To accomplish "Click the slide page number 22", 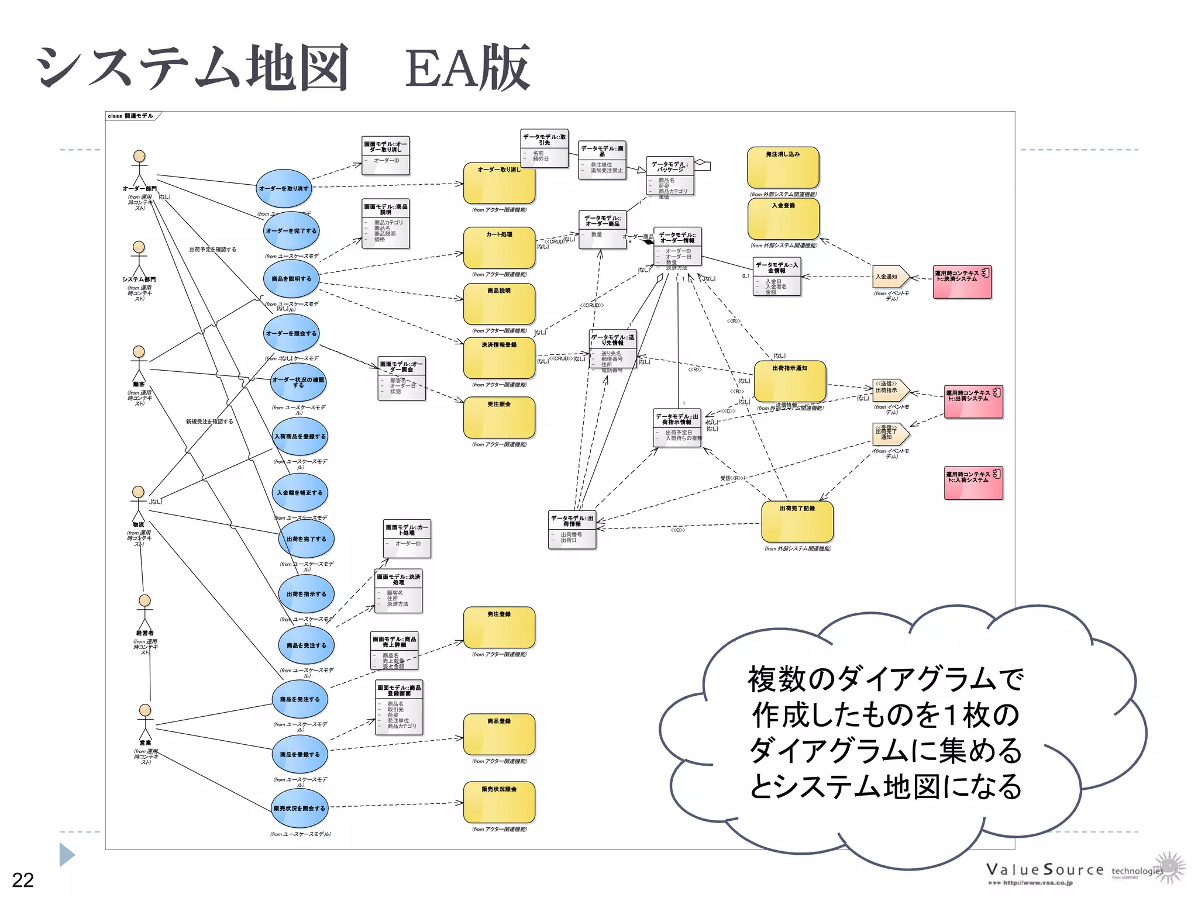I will (23, 879).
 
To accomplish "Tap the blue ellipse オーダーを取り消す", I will (284, 188).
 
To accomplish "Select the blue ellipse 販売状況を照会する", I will (299, 808).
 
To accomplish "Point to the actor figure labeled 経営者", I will (144, 611).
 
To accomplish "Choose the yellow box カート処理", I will (499, 247).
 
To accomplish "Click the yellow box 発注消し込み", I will (783, 167).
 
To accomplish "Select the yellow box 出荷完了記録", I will (797, 521).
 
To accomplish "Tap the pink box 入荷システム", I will (973, 483).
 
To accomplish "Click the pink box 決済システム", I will (962, 282).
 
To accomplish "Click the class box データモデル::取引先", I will (544, 148).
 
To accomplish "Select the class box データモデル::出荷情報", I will (572, 530).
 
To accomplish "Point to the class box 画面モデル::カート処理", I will (407, 537).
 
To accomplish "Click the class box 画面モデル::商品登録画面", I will (399, 706).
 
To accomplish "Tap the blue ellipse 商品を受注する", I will (306, 645).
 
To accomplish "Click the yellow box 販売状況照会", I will (499, 802).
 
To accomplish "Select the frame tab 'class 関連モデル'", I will (131, 116).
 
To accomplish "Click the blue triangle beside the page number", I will (67, 855).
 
